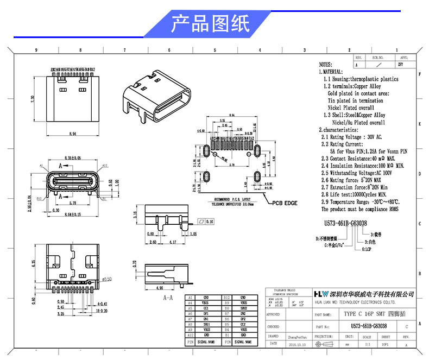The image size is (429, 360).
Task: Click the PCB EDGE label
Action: point(283,203)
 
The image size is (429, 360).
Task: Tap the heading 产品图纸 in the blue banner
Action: point(210,24)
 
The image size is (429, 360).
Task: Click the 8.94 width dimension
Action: point(72,133)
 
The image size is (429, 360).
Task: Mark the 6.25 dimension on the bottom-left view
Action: point(33,265)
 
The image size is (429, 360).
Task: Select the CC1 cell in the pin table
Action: point(206,308)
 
